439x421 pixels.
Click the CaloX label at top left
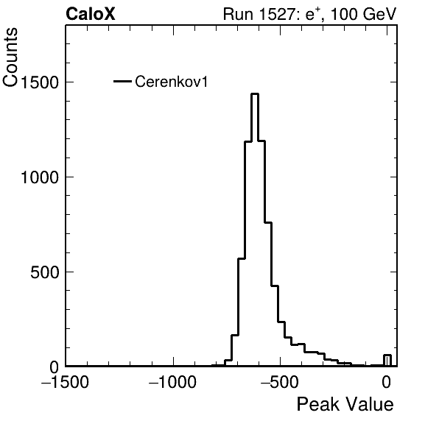click(91, 14)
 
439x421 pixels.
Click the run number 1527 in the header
click(277, 14)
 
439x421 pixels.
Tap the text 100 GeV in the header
click(364, 14)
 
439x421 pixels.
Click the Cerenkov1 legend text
click(172, 82)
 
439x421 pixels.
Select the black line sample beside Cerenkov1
click(122, 82)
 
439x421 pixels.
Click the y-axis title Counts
click(10, 57)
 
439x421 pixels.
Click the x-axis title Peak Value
click(345, 404)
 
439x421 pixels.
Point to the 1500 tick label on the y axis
click(40, 82)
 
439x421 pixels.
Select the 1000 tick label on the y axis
click(40, 177)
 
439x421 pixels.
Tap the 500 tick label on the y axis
click(44, 272)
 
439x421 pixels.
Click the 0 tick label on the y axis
click(55, 367)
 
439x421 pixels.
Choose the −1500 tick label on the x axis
click(65, 381)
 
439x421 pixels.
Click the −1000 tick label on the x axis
click(173, 381)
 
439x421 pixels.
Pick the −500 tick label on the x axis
click(280, 381)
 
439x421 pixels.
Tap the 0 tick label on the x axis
click(387, 381)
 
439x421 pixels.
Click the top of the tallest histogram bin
click(255, 94)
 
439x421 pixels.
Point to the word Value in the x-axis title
click(370, 404)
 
